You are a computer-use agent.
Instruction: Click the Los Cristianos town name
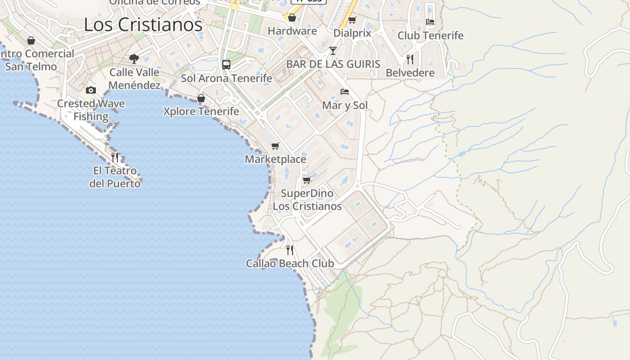pos(143,25)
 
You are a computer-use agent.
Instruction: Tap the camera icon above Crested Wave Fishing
pos(91,90)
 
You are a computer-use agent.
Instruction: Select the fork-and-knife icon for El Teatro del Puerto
pos(115,157)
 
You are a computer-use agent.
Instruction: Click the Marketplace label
pos(275,159)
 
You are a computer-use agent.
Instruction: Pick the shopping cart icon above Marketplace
pos(275,146)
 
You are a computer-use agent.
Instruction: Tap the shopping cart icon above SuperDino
pos(307,180)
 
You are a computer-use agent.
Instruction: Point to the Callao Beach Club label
pos(290,263)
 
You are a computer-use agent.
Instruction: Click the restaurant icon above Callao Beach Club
pos(290,250)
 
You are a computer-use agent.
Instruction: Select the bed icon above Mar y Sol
pos(345,92)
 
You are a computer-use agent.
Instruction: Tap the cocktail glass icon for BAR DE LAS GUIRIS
pos(333,50)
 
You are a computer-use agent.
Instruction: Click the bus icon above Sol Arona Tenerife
pos(226,64)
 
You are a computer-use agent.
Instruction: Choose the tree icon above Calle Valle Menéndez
pos(134,58)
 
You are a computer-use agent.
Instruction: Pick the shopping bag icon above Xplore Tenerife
pos(201,98)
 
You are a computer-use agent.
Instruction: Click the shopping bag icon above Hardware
pos(292,18)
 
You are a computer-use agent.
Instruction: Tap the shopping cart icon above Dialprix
pos(352,20)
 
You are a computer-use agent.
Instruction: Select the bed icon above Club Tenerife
pos(430,22)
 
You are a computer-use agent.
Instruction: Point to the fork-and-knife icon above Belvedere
pos(410,59)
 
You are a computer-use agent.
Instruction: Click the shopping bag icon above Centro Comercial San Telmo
pos(31,40)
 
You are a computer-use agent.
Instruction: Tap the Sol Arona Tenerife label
pos(226,78)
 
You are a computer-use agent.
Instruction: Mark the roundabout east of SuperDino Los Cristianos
pos(358,186)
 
